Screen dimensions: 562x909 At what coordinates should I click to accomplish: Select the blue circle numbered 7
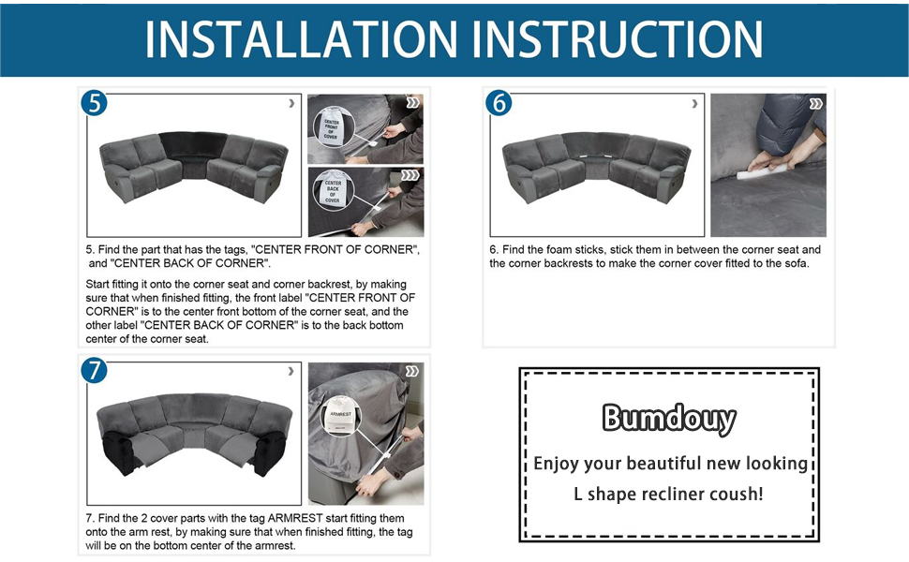coord(94,370)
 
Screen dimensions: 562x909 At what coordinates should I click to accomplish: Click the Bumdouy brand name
coord(668,418)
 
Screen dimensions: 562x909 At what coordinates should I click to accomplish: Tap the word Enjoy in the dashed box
coord(556,463)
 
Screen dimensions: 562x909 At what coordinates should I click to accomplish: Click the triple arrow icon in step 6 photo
coord(815,103)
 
